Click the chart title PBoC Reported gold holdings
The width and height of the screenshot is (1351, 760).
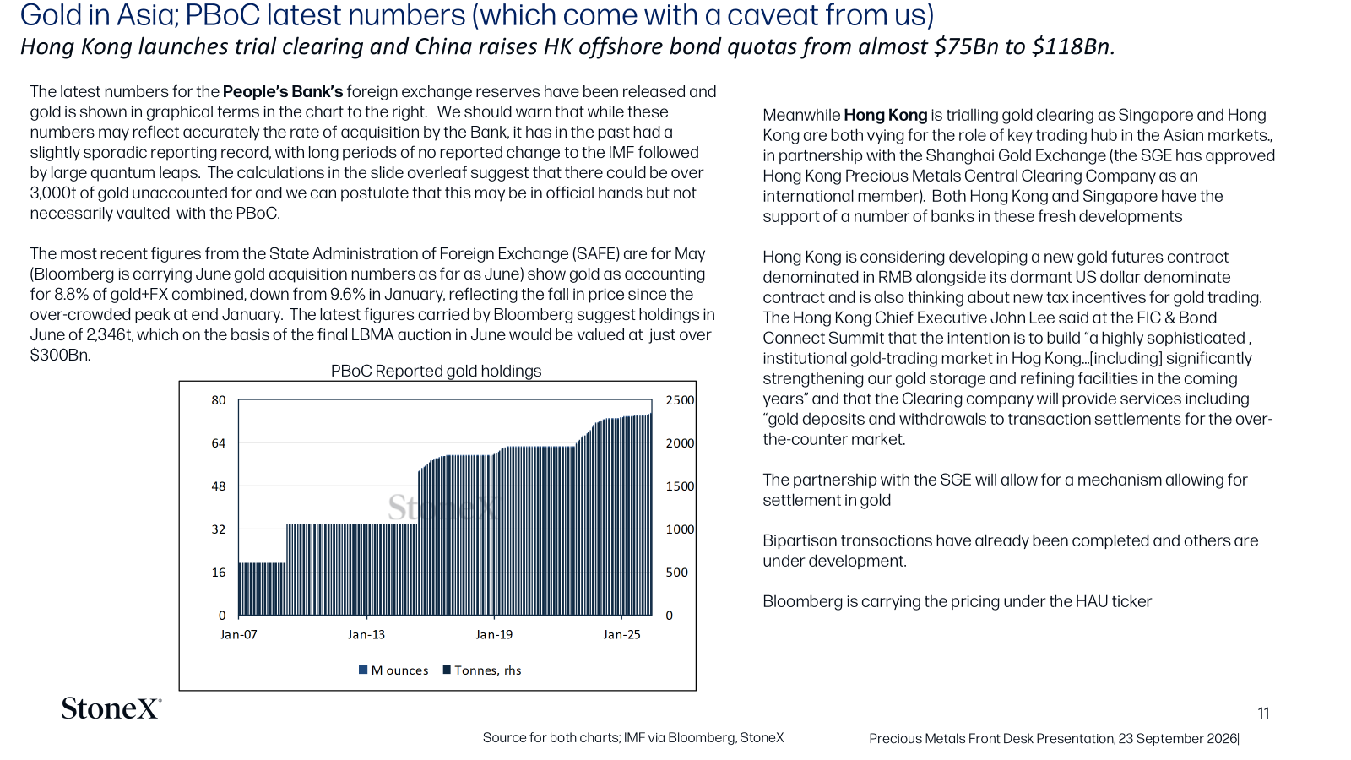coord(436,371)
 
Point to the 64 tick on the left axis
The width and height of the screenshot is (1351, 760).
coord(219,443)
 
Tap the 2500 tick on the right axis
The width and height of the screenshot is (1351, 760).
coord(680,400)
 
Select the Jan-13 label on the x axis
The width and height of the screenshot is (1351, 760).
coord(366,634)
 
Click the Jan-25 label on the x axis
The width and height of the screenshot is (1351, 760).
coord(621,634)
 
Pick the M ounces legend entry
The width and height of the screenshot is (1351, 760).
coord(393,670)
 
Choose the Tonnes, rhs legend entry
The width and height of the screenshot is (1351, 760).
coord(482,670)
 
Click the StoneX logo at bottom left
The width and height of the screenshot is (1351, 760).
coord(111,708)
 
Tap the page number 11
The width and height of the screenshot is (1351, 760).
coord(1263,714)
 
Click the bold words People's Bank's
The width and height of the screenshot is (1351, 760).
coord(283,92)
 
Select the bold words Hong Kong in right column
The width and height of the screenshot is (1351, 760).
coord(886,115)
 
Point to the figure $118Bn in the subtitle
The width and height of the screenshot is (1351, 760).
coord(1073,47)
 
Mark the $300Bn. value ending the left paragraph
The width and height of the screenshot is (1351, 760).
coord(60,356)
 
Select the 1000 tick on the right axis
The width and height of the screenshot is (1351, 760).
coord(680,529)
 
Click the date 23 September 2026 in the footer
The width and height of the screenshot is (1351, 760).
coord(1177,739)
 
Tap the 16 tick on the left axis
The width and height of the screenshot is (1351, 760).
coord(219,573)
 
